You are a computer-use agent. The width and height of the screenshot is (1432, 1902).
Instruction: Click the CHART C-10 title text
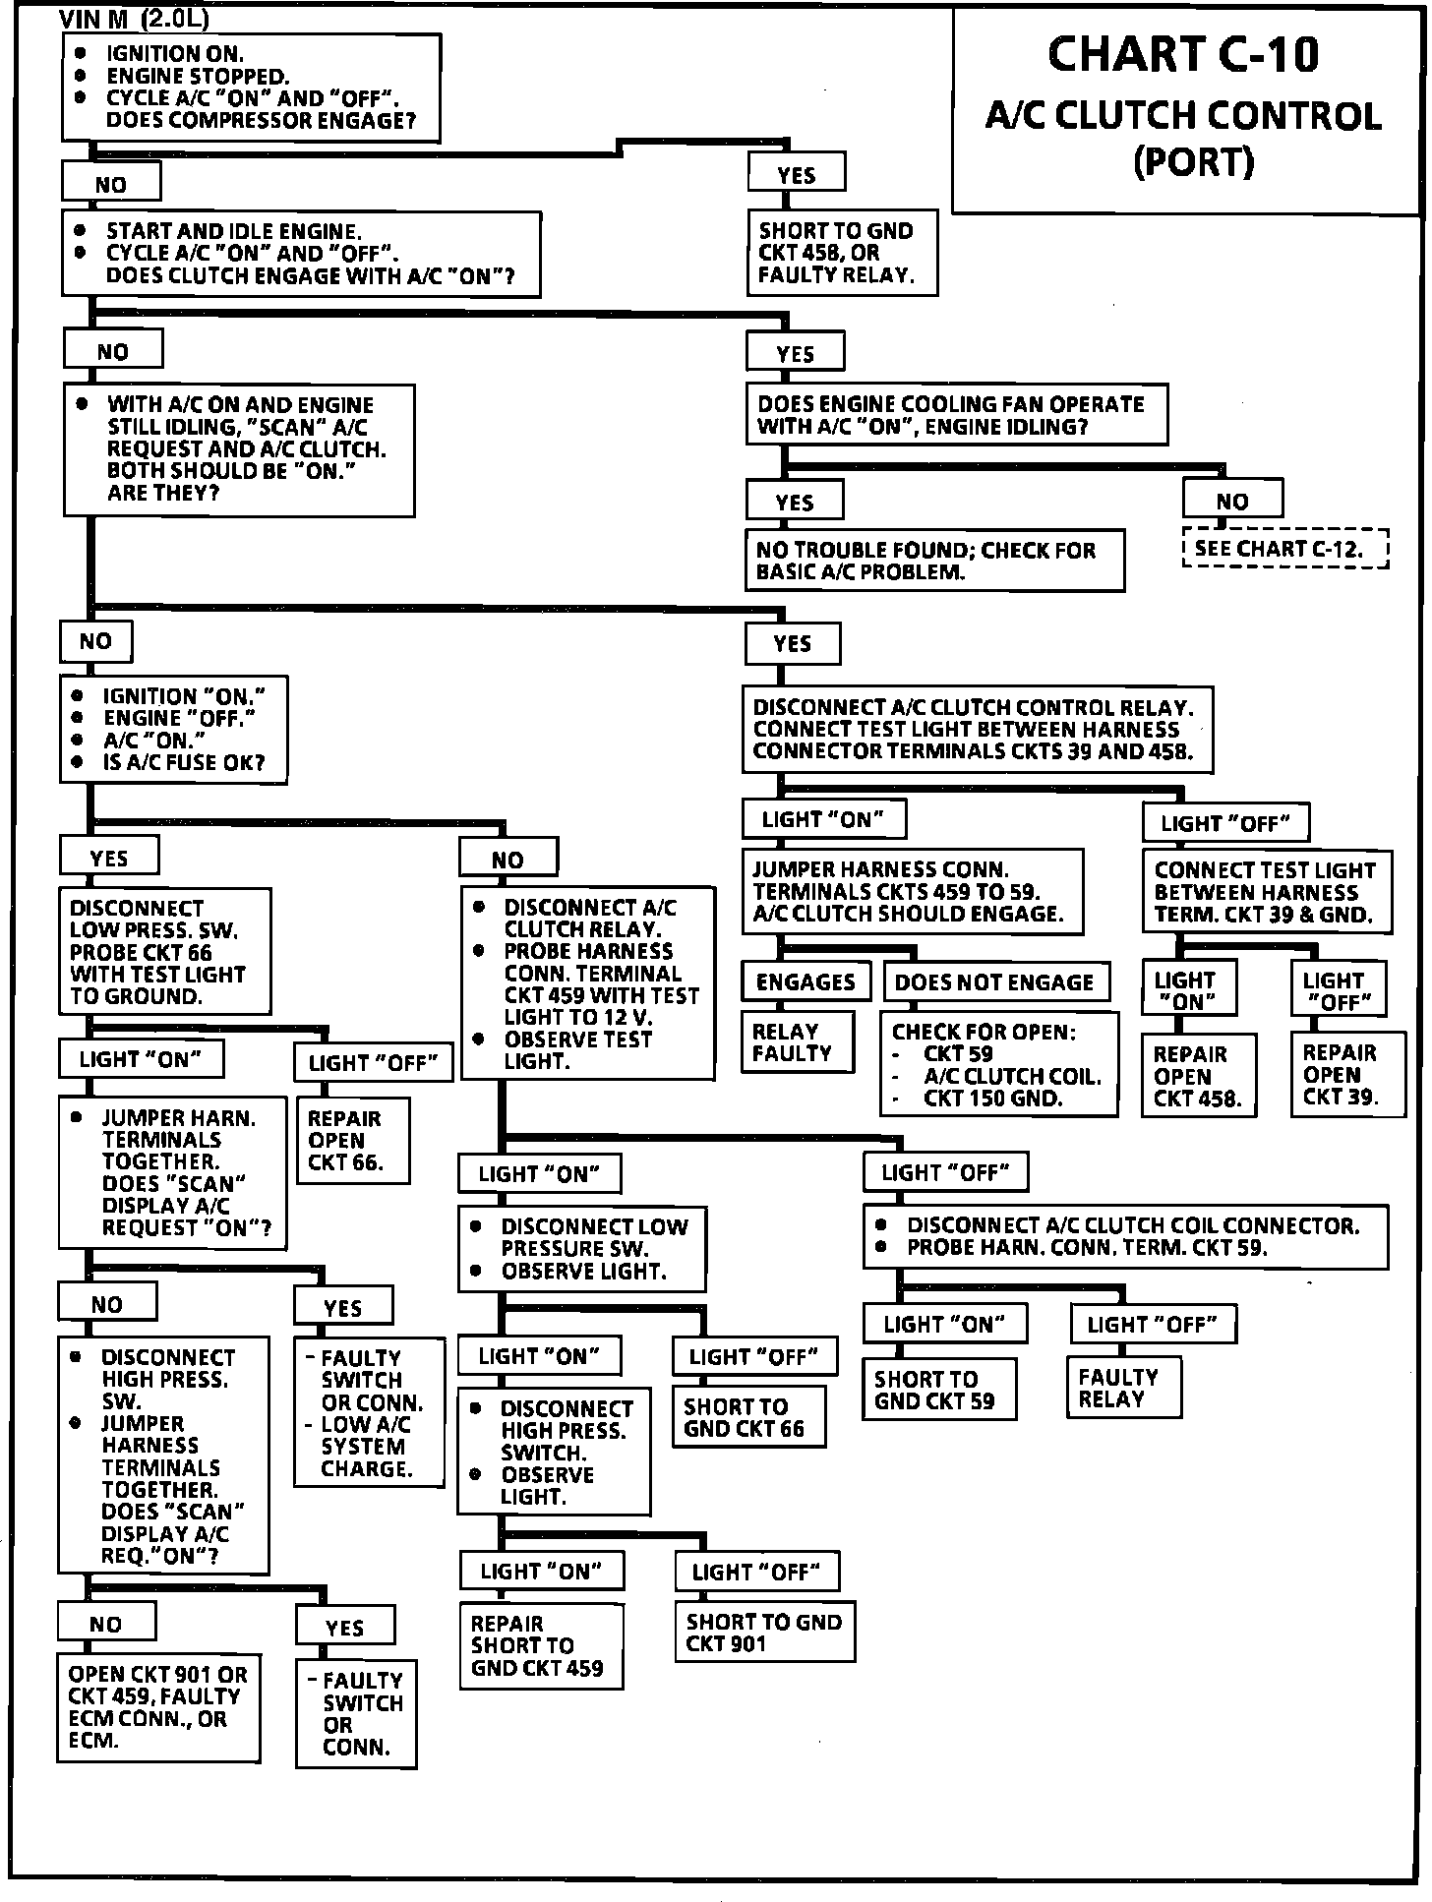(1183, 55)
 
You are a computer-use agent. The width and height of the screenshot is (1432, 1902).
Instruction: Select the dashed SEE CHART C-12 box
(1285, 549)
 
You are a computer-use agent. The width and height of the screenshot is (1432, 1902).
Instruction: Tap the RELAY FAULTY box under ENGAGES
(797, 1042)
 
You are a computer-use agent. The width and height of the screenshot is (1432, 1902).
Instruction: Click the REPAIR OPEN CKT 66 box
(352, 1141)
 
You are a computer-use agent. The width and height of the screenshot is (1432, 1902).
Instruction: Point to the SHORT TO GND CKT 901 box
(764, 1632)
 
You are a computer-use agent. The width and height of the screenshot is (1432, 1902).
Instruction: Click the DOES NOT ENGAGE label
(994, 981)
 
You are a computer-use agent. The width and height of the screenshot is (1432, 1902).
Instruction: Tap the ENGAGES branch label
(805, 981)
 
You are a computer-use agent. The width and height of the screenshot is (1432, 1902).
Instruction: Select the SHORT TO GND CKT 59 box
(939, 1390)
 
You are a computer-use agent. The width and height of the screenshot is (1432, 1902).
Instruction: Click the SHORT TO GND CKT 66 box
(748, 1417)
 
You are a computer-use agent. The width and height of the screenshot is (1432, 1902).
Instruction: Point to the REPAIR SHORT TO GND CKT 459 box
(540, 1645)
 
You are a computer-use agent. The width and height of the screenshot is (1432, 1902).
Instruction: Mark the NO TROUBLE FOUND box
(934, 561)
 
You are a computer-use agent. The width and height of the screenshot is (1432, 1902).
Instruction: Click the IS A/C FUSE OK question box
(174, 729)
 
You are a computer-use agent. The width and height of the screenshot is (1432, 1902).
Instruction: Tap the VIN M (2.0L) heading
(135, 20)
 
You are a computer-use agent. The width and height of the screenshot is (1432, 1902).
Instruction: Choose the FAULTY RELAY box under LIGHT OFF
(1123, 1388)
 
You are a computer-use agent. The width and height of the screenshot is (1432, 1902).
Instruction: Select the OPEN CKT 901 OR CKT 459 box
(158, 1706)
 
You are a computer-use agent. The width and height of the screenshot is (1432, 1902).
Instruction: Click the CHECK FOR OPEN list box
(998, 1064)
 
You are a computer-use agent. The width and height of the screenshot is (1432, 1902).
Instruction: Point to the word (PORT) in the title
(1194, 161)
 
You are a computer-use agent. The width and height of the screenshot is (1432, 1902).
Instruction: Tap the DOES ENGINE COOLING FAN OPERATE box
(956, 415)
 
